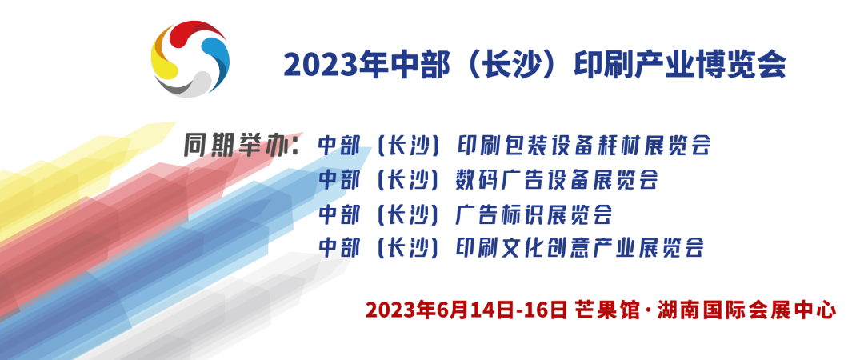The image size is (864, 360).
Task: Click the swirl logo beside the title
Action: pyautogui.click(x=190, y=59)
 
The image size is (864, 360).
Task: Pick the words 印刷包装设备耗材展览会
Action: pyautogui.click(x=583, y=145)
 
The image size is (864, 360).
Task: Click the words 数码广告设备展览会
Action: pyautogui.click(x=558, y=179)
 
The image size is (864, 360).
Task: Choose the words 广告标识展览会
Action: pyautogui.click(x=534, y=214)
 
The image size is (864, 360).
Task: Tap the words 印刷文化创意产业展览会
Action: pyautogui.click(x=581, y=247)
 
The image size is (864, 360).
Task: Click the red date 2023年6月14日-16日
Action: pyautogui.click(x=466, y=310)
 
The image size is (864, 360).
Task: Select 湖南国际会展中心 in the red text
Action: pyautogui.click(x=746, y=310)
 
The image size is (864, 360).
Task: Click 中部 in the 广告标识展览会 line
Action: pyautogui.click(x=339, y=214)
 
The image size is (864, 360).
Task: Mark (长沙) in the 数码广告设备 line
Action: pyautogui.click(x=407, y=179)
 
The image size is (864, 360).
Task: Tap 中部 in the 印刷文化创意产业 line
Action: pyautogui.click(x=339, y=247)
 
